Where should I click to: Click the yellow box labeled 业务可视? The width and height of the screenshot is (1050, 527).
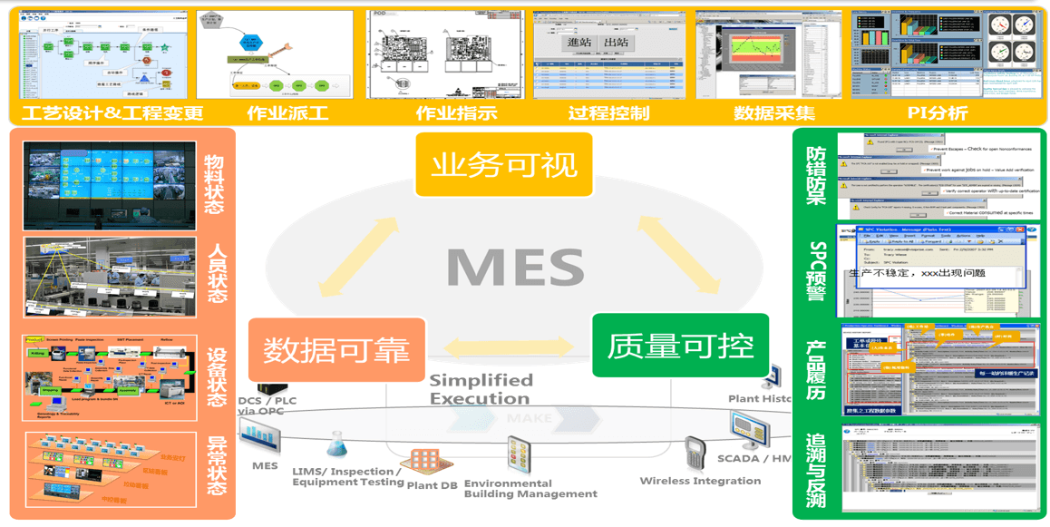503,165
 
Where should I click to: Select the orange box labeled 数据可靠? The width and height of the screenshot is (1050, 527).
336,349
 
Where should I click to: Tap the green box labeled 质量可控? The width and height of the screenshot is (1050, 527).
680,346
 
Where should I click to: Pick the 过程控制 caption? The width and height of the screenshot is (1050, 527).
608,113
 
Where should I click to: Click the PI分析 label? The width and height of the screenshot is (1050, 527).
938,113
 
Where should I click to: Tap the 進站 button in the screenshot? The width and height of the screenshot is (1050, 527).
579,43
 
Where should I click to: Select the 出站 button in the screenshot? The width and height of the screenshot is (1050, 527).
617,43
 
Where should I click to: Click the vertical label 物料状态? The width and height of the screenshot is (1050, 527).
216,184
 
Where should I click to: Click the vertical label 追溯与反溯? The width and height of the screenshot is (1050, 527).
815,469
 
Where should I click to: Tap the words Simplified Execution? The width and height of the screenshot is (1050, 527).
481,389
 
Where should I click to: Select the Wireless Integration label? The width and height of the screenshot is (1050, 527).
700,481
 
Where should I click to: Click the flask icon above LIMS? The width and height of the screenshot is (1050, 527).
337,444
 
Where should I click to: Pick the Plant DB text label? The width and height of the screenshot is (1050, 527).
432,485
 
